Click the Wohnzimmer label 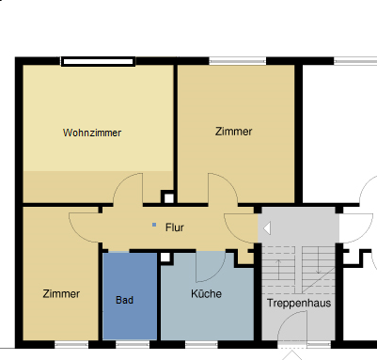[x=92, y=132]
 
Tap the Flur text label [x=175, y=227]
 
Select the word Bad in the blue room [x=125, y=301]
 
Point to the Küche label [x=206, y=294]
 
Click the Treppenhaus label [x=298, y=304]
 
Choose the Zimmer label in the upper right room [x=233, y=132]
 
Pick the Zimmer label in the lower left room [x=61, y=294]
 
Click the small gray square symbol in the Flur [x=154, y=226]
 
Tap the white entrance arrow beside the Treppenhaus [x=267, y=227]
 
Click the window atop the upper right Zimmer [x=235, y=62]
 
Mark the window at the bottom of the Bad [x=130, y=344]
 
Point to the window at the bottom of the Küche [x=204, y=344]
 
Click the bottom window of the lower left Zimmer [x=71, y=344]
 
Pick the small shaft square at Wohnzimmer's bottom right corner [x=168, y=197]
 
